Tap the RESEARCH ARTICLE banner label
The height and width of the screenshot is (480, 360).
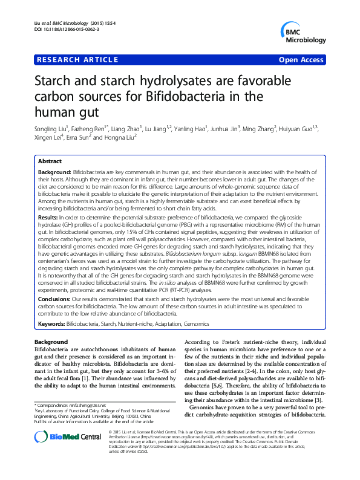[x=77, y=60]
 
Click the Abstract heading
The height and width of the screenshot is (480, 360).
[x=50, y=161]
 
